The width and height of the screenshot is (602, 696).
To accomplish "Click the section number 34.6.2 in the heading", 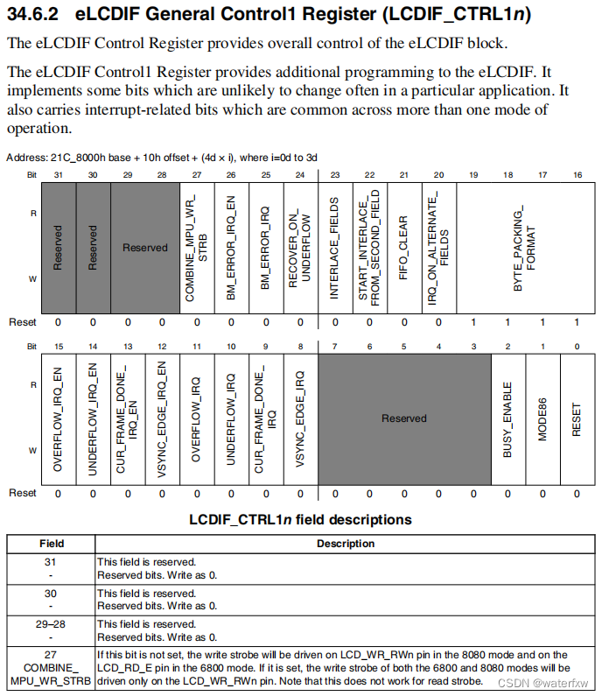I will click(36, 17).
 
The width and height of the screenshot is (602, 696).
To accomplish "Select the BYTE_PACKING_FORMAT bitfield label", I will click(524, 248).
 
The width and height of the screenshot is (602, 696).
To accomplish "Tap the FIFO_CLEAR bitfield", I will click(403, 248).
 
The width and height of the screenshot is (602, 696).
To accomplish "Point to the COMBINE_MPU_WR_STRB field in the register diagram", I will click(196, 248).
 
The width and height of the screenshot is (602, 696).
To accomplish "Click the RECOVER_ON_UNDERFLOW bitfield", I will click(299, 248).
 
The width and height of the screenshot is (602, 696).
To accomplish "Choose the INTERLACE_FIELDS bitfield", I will click(334, 248).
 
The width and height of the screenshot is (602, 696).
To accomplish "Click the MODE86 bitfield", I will click(542, 418).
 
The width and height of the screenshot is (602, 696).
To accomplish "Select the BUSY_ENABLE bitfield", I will click(507, 418).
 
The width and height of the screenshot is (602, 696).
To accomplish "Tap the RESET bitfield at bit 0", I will click(577, 418).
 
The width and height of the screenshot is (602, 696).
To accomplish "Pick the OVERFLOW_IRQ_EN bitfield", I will click(59, 418).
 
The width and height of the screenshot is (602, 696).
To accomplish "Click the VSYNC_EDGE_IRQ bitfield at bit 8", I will click(299, 418).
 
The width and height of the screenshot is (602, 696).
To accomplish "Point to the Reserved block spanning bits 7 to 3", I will click(403, 418).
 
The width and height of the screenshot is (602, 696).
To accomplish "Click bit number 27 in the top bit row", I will click(196, 175).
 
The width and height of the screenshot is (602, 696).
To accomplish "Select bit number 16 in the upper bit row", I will click(577, 175).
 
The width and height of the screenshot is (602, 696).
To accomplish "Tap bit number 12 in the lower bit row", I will click(162, 347).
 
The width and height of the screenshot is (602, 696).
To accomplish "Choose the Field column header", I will click(52, 544).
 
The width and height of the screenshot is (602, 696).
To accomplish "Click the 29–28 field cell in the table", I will click(52, 624).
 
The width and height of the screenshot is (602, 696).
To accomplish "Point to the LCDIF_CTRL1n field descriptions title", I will click(300, 519).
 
